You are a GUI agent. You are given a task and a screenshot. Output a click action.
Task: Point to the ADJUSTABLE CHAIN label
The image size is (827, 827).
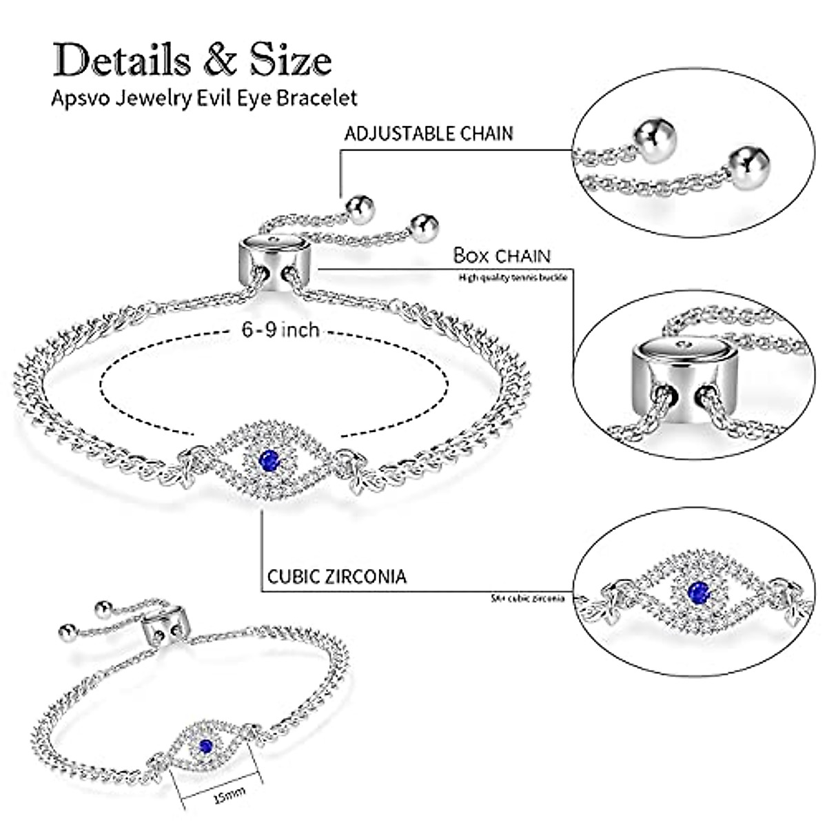tap(429, 133)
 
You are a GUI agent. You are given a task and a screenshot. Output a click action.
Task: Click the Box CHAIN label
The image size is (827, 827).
tap(502, 256)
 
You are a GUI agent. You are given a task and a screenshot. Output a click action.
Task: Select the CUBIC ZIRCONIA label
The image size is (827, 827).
tap(336, 576)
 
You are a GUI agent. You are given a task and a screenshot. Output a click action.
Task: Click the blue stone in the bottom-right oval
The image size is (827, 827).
tap(697, 591)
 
